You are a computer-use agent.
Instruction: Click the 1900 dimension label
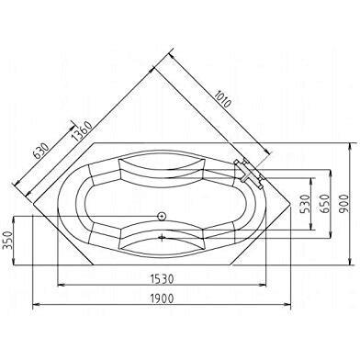(x=163, y=298)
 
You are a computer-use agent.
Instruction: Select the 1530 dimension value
(x=163, y=278)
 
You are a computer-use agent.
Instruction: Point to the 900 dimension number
(x=344, y=204)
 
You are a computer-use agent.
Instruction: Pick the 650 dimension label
(x=325, y=204)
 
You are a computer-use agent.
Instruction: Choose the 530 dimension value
(x=306, y=204)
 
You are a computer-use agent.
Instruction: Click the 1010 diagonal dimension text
(x=221, y=99)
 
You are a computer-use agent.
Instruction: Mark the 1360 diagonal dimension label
(x=82, y=131)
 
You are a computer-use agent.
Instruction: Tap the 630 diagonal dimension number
(x=41, y=151)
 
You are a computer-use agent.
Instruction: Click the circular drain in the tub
(x=162, y=216)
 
